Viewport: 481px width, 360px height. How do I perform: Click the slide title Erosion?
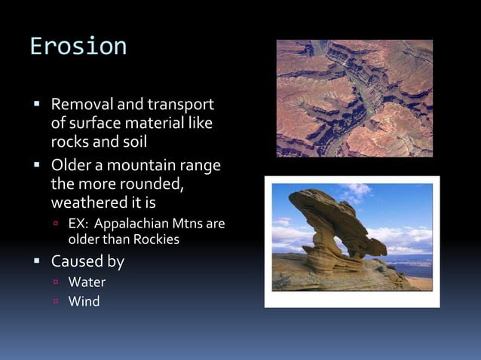[x=78, y=47]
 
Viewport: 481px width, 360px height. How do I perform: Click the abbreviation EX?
[x=79, y=224]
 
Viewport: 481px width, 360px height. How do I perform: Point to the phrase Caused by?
[x=87, y=262]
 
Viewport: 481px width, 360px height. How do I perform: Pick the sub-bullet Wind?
[x=83, y=302]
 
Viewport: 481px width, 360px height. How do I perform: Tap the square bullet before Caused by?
[x=35, y=263]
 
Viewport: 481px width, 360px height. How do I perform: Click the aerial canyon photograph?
[x=354, y=98]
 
